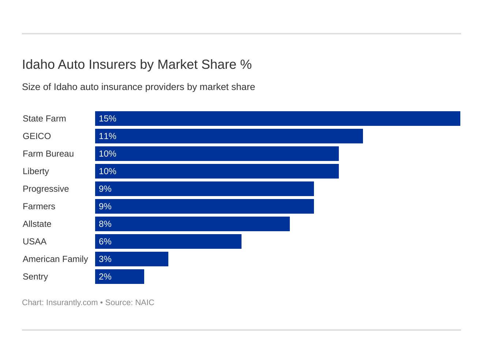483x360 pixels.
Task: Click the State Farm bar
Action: click(277, 119)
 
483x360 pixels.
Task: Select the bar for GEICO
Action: click(229, 136)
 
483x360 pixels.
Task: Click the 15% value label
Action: click(108, 119)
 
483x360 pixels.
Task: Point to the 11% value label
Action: click(108, 136)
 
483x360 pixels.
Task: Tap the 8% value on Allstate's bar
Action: click(105, 224)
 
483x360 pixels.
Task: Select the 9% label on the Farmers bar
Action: click(105, 206)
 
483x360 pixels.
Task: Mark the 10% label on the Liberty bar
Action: click(108, 171)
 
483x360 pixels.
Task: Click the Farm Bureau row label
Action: click(48, 154)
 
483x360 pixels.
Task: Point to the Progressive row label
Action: click(46, 189)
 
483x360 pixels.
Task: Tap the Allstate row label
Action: click(37, 224)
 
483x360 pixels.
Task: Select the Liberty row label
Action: click(36, 171)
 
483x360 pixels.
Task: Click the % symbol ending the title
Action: click(246, 64)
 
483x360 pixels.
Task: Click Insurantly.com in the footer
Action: click(72, 303)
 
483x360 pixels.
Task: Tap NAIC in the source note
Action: click(145, 303)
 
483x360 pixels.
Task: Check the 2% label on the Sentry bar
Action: click(105, 277)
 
